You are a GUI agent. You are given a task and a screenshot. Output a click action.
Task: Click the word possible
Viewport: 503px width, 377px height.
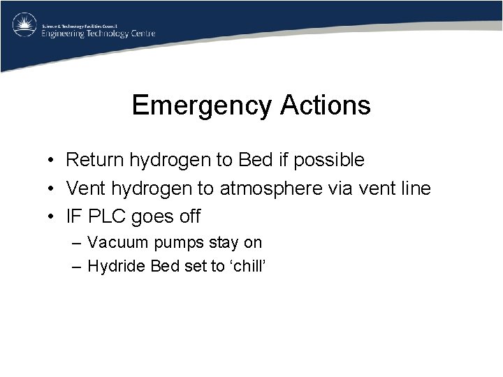329,161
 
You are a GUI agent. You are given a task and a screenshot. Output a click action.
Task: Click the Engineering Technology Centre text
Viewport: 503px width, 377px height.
98,33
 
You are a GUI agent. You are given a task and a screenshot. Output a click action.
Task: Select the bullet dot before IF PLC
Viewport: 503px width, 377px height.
52,217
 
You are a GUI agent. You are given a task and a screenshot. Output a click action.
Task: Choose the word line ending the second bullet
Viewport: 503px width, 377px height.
414,188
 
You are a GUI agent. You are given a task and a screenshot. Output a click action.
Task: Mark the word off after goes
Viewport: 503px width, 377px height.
189,216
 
